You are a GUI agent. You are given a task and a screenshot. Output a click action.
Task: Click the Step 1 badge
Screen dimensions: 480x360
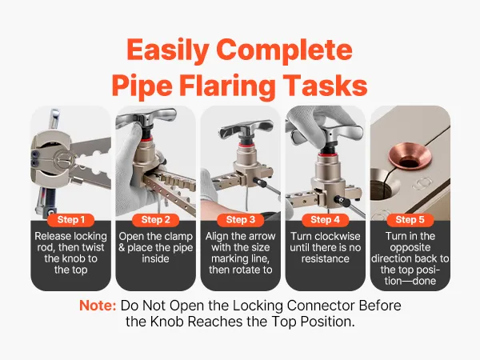[x=70, y=220]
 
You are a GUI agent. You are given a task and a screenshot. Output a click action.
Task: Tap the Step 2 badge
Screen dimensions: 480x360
[x=155, y=220]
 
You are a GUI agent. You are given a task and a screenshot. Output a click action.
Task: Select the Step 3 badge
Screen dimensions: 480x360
[x=240, y=220]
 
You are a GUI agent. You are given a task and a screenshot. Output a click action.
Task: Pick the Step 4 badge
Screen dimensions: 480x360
[x=325, y=220]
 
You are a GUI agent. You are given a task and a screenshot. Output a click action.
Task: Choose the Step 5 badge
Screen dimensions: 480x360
[x=410, y=220]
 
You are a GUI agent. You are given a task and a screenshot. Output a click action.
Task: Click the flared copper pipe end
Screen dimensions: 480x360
[x=410, y=158]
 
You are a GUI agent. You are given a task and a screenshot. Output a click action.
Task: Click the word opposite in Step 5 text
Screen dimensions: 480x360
[x=410, y=248]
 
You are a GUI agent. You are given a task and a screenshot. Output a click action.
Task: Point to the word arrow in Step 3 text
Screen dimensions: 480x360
[x=261, y=237]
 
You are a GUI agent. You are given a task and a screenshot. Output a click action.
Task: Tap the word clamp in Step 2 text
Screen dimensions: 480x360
[x=179, y=237]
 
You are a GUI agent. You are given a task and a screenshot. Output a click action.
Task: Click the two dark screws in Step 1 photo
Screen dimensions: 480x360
[x=34, y=159]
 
